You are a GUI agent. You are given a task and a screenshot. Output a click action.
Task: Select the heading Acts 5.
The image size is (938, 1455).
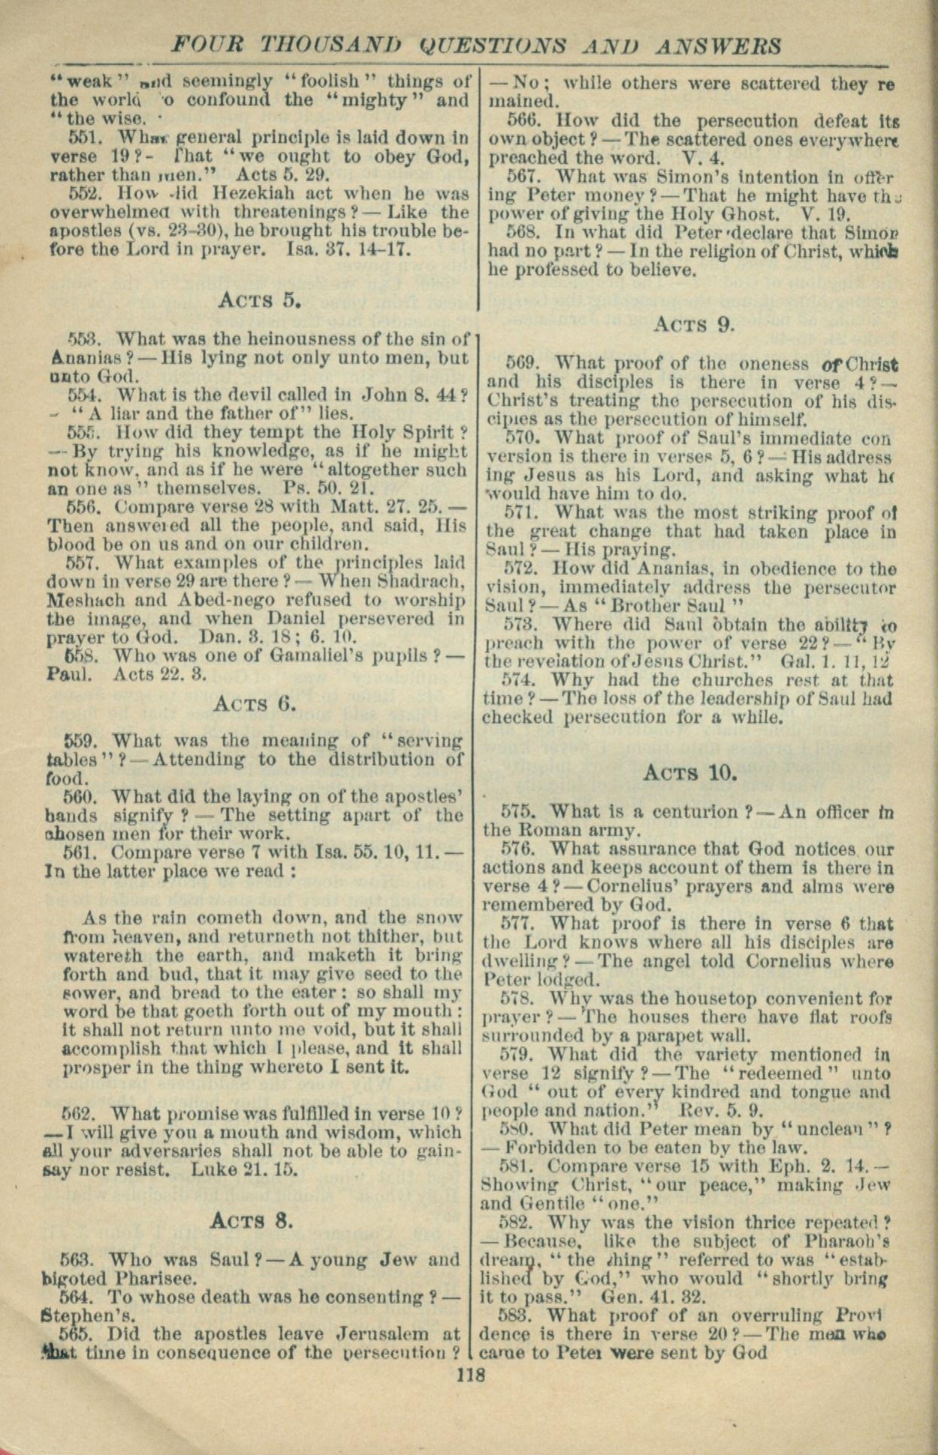[x=260, y=301]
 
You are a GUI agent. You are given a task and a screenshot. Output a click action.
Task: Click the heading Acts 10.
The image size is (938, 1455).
[x=690, y=773]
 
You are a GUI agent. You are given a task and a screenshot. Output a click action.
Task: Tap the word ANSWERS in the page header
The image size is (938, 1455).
[x=718, y=46]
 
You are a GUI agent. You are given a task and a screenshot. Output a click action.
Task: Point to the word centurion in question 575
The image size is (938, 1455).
[x=696, y=812]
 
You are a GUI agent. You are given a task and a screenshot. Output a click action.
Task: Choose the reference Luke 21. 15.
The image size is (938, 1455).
[x=245, y=1170]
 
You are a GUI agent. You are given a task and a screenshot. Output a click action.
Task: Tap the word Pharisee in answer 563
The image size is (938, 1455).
[x=156, y=1278]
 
